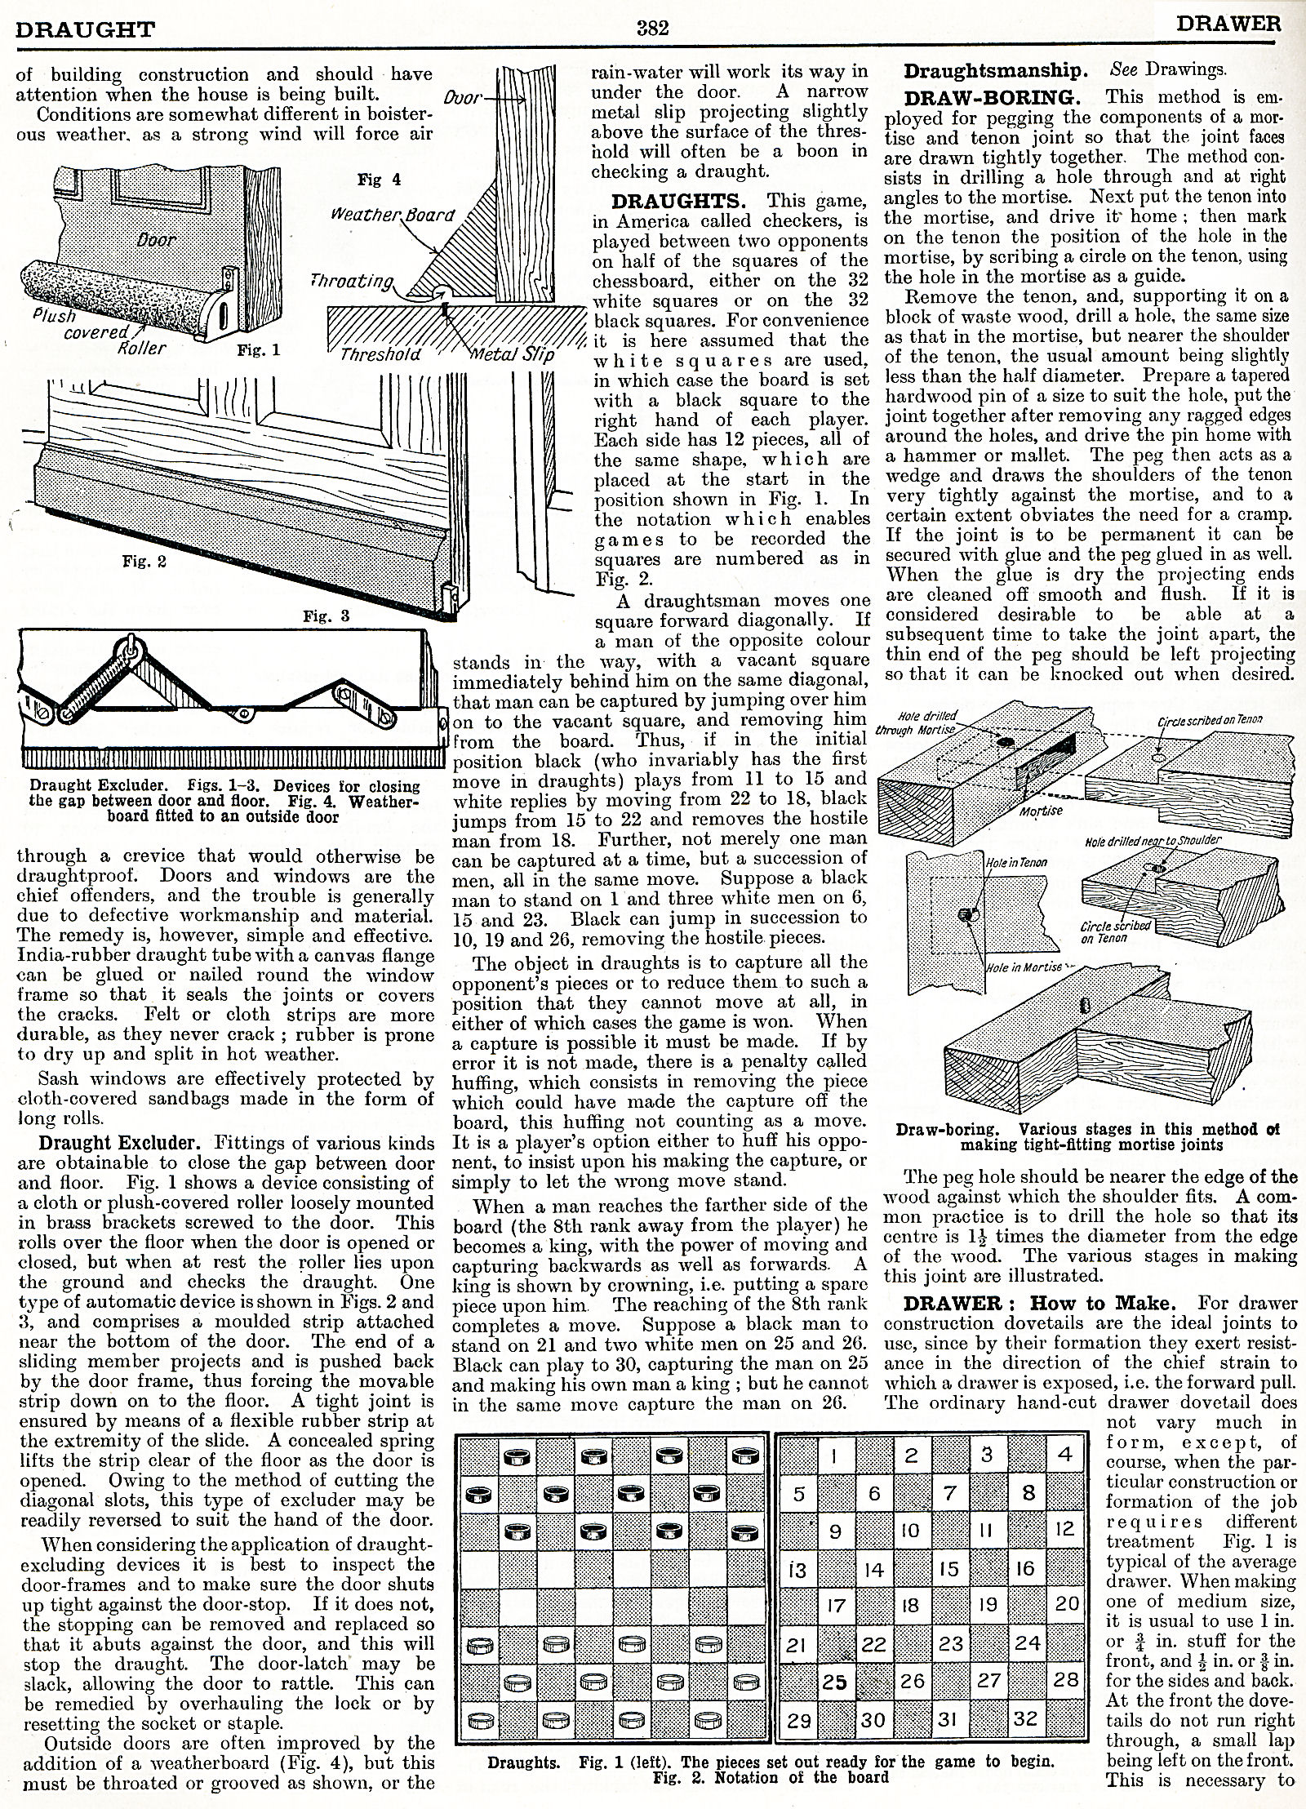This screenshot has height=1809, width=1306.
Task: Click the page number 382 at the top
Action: [x=652, y=29]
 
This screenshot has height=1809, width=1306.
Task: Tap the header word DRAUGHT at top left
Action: [x=86, y=29]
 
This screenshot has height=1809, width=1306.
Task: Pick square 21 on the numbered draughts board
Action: [x=799, y=1642]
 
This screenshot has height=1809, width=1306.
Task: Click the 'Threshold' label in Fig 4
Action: [x=380, y=353]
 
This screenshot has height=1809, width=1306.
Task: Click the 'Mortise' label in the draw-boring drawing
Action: [x=1041, y=811]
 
